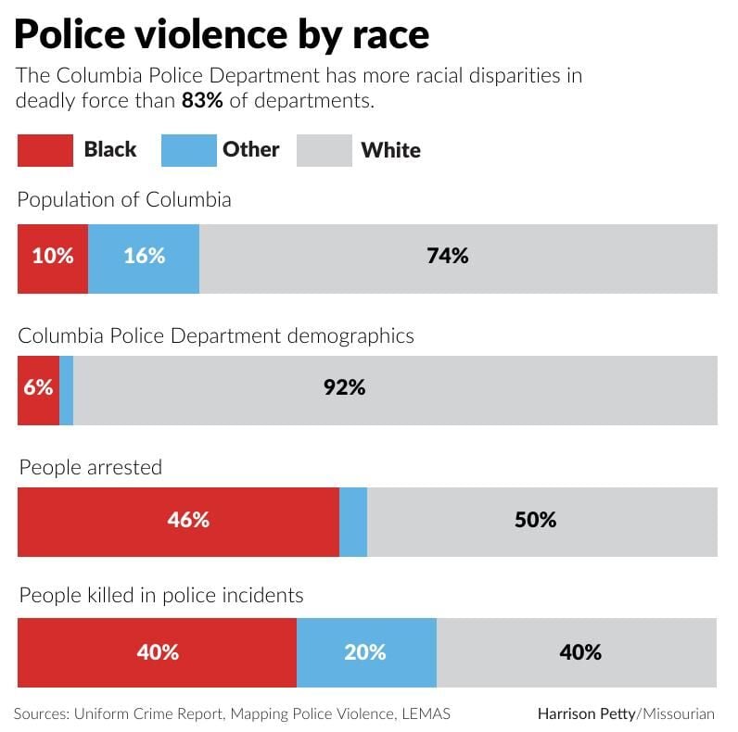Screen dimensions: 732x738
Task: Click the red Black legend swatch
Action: point(45,150)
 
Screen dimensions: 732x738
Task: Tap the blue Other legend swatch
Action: point(188,150)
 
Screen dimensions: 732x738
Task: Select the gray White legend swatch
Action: point(324,150)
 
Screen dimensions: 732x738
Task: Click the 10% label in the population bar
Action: point(53,257)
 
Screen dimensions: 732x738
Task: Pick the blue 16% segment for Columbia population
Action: point(144,258)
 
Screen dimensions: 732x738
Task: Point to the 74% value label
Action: point(447,257)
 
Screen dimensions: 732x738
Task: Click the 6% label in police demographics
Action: point(38,388)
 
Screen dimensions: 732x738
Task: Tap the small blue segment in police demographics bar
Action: point(66,390)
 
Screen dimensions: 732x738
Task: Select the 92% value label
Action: point(344,388)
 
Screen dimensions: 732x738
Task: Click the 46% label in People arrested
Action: point(188,520)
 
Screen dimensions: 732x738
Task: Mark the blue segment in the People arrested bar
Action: point(353,522)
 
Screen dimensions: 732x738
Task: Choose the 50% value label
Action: point(535,520)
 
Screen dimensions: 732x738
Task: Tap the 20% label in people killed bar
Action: point(364,652)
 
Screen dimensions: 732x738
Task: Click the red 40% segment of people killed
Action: point(157,652)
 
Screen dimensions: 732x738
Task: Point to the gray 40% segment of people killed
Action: point(578,652)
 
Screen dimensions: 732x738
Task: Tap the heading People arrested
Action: point(90,468)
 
